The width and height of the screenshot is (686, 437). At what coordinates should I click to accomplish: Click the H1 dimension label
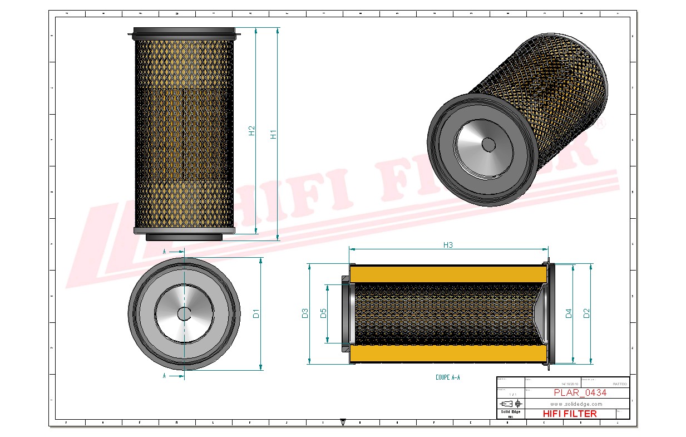point(273,135)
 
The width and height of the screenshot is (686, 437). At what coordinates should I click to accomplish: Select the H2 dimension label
point(251,131)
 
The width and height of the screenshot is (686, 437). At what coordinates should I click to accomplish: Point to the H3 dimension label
point(448,244)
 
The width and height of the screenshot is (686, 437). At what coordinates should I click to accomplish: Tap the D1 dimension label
point(256,313)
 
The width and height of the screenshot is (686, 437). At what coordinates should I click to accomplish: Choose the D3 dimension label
point(305,313)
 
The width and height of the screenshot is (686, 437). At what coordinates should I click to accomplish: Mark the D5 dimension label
point(323,313)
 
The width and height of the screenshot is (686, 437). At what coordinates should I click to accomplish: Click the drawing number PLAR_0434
point(580,392)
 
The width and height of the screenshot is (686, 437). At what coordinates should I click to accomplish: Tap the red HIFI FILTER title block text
point(569,414)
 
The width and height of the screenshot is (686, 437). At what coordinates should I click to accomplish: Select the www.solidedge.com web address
point(576,404)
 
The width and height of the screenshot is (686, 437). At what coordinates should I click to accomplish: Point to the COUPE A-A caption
point(448,377)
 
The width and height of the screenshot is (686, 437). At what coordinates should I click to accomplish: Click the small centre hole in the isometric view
point(488,144)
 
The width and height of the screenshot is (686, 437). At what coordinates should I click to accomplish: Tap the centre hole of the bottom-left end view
point(184,314)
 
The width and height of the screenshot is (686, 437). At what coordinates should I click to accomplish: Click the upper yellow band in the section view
point(448,274)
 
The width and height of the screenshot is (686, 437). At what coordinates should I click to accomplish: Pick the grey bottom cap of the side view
point(184,237)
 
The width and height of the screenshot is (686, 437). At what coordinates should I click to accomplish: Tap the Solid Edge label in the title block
point(510,412)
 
